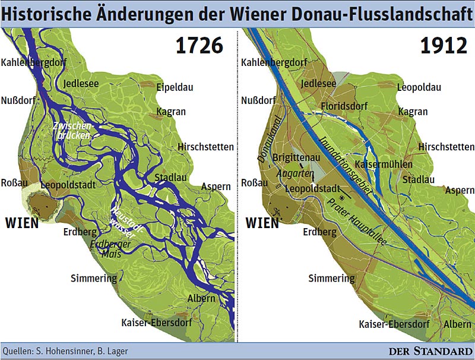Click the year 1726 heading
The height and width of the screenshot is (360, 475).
click(x=199, y=46)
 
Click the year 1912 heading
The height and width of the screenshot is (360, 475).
click(x=444, y=46)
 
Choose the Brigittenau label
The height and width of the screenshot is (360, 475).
click(x=296, y=157)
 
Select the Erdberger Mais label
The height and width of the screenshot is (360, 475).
click(x=105, y=249)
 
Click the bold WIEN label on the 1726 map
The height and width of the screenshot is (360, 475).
click(x=21, y=223)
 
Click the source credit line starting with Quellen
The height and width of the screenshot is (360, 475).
click(x=65, y=350)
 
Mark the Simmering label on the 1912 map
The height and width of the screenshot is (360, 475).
click(x=331, y=278)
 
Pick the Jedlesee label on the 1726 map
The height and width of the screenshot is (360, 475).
click(x=81, y=83)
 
